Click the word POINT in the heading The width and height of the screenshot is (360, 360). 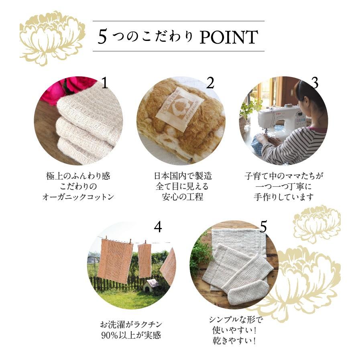[228, 37]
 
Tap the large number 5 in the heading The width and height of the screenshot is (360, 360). [103, 37]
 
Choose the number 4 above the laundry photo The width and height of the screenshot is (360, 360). [158, 227]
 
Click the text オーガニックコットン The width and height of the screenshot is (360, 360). [78, 197]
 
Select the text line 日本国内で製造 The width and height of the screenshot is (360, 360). [183, 176]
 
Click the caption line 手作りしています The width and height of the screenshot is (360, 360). [284, 197]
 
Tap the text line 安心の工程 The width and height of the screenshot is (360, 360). [183, 197]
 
